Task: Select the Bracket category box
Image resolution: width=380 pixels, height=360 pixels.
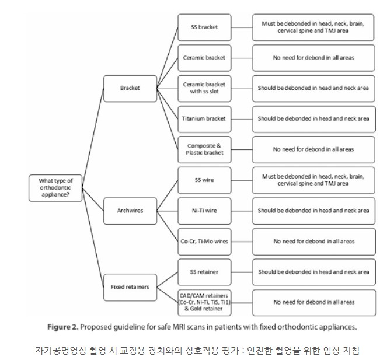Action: [x=130, y=88]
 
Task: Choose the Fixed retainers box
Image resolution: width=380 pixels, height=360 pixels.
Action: [x=130, y=286]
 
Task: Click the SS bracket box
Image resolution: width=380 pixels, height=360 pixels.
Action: [x=204, y=27]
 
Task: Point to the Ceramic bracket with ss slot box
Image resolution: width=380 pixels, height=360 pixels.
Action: [x=204, y=88]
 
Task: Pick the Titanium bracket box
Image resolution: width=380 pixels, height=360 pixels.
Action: [x=204, y=118]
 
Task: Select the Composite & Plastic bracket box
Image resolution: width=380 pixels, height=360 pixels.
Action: [x=204, y=149]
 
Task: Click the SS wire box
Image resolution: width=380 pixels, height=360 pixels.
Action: [x=204, y=180]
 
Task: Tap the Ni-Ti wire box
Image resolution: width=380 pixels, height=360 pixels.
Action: [x=204, y=210]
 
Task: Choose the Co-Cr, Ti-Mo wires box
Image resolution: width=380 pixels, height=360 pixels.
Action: [x=204, y=241]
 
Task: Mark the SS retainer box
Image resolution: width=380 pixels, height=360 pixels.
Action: [x=204, y=271]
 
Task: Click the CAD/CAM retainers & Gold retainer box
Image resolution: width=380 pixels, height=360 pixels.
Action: [x=204, y=302]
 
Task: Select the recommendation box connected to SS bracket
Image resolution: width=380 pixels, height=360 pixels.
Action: [x=313, y=27]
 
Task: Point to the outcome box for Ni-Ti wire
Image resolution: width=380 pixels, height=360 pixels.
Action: [x=313, y=210]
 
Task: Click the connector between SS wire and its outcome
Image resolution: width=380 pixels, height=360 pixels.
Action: [x=242, y=180]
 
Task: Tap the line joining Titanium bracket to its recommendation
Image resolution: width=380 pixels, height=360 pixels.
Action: [x=242, y=118]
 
